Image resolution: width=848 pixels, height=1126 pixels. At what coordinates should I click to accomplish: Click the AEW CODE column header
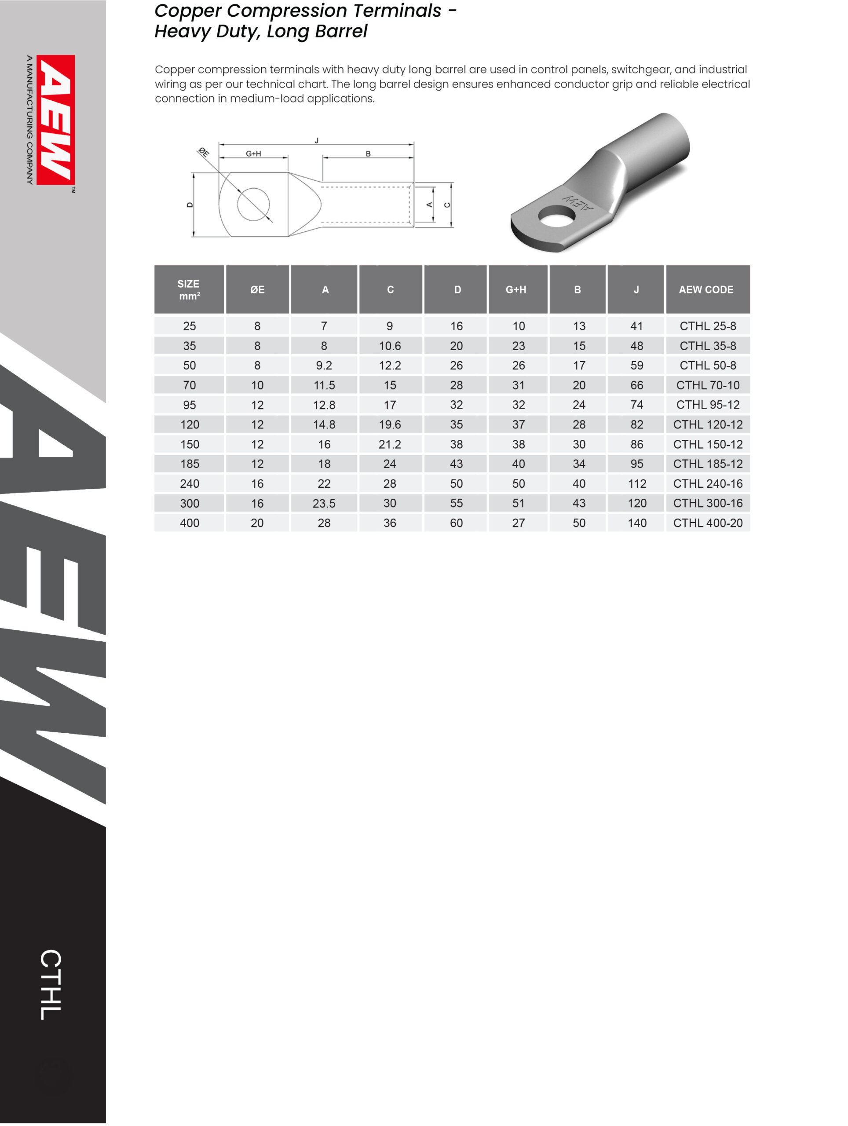point(706,290)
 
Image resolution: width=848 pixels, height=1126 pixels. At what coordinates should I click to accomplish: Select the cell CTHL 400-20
point(708,523)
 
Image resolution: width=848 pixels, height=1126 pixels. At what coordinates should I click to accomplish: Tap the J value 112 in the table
point(637,483)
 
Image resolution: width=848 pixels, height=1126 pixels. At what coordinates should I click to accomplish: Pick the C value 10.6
point(390,346)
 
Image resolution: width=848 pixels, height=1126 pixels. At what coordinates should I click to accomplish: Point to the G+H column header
point(515,290)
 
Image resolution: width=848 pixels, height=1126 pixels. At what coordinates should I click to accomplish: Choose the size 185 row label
point(190,464)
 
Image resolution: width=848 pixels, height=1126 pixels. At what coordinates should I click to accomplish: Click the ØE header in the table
point(257,290)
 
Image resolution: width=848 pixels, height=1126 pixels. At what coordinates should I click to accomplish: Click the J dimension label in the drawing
point(317,140)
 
